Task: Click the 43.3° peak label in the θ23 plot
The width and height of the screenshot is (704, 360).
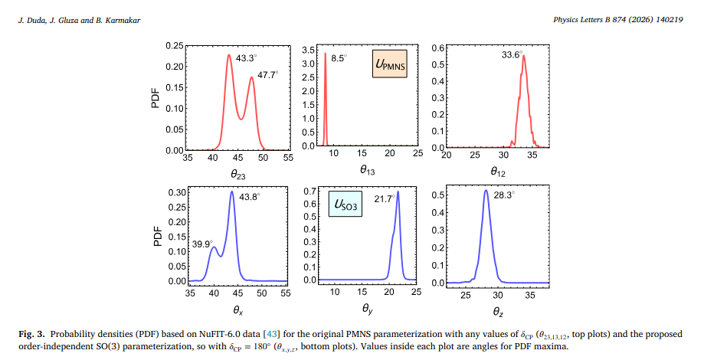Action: tap(246, 57)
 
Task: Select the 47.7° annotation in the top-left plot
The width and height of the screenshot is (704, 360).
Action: tap(267, 74)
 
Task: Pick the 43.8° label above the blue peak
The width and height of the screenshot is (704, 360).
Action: tap(250, 197)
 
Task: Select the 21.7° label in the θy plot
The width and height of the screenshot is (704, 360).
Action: tap(384, 198)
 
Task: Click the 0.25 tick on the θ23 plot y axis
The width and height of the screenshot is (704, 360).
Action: tap(173, 47)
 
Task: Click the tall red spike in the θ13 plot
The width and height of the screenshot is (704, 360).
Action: tap(326, 100)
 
